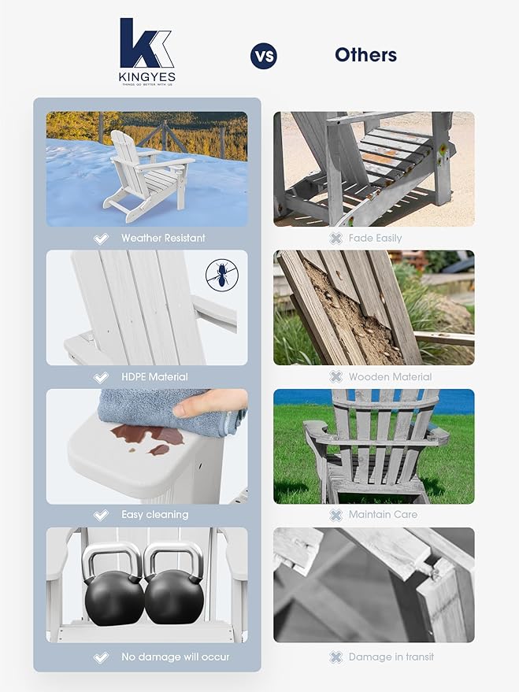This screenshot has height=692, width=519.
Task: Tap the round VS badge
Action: [x=263, y=56]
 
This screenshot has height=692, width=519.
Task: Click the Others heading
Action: [x=365, y=54]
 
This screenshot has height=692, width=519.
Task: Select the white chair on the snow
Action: [x=146, y=175]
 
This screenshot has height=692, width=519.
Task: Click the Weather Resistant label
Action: [x=163, y=238]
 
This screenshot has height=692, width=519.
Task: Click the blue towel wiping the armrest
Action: [x=165, y=409]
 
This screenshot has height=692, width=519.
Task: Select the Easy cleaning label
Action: [x=154, y=515]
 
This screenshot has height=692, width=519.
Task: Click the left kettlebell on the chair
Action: [x=113, y=587]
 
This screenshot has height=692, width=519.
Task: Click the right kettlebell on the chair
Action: [x=174, y=587]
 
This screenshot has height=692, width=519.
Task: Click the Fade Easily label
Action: [x=376, y=238]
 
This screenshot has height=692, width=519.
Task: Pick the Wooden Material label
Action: [x=390, y=376]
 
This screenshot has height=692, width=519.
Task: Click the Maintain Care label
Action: [x=383, y=515]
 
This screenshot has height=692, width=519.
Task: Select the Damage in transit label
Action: [x=391, y=657]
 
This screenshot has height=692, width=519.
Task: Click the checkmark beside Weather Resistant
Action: [x=101, y=238]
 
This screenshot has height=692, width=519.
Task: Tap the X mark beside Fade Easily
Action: [x=335, y=238]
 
